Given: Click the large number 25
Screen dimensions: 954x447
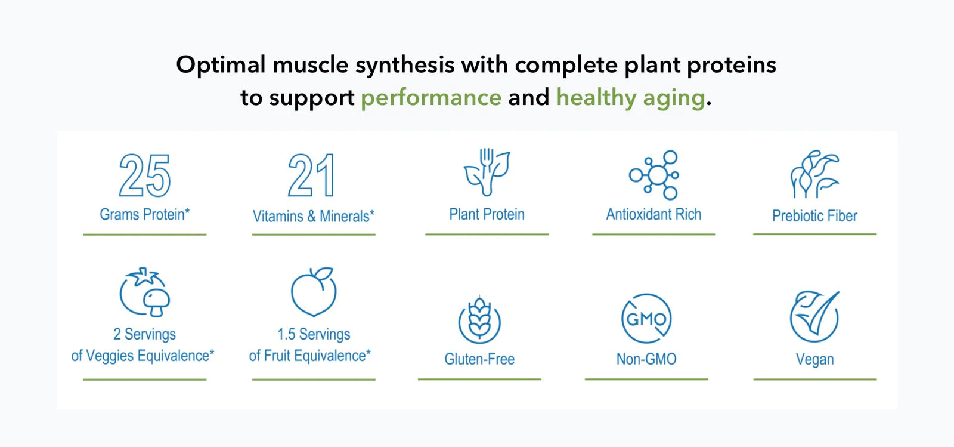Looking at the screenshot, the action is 145,175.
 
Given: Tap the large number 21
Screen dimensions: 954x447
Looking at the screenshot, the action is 311,175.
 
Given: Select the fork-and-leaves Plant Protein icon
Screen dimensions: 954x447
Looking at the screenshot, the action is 487,172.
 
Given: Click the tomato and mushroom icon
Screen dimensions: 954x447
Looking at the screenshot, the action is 145,292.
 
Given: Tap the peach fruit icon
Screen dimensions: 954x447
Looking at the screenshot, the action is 314,292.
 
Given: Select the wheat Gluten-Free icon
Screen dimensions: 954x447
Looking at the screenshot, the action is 479,320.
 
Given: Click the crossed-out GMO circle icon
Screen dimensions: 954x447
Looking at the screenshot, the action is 646,318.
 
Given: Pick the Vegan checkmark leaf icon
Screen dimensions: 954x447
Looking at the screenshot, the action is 814,317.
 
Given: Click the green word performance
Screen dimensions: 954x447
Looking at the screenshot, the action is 431,98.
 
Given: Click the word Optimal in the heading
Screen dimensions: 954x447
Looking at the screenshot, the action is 221,66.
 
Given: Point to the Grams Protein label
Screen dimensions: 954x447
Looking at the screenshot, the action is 145,214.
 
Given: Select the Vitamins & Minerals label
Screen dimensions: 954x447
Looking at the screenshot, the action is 314,216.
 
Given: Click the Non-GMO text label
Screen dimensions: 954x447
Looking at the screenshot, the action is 646,359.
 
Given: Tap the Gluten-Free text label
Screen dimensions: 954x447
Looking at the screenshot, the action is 479,359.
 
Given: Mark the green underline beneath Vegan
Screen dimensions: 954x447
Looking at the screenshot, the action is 814,379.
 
